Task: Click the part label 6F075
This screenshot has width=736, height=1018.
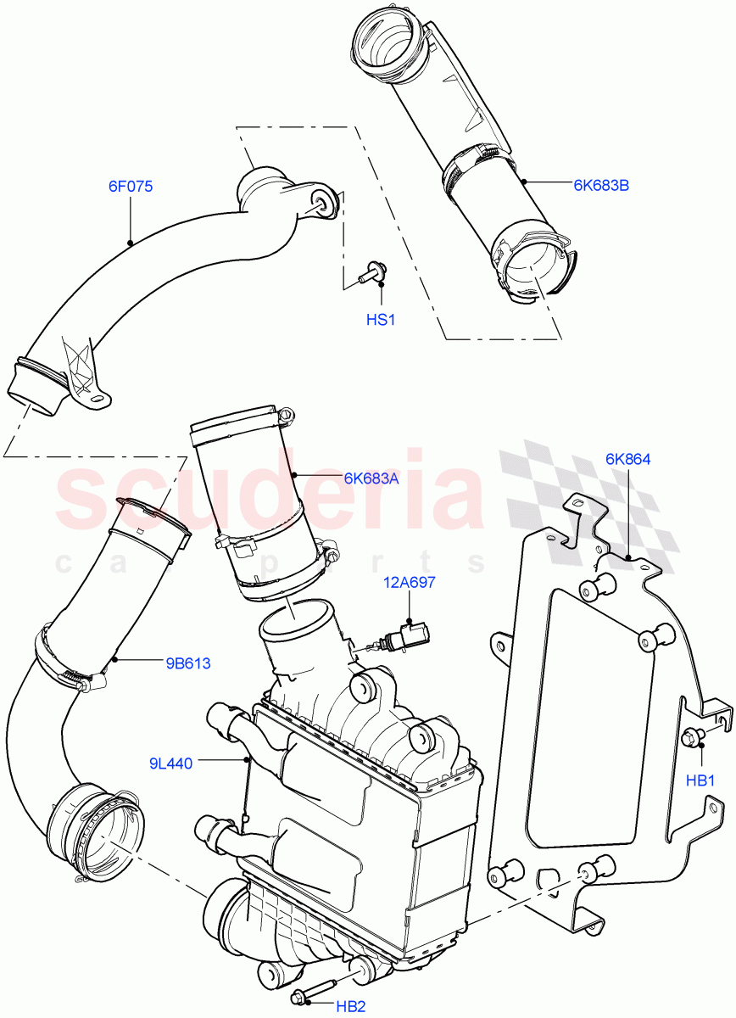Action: [x=130, y=187]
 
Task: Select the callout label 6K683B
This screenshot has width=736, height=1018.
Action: [x=600, y=183]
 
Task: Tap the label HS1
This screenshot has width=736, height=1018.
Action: [x=381, y=320]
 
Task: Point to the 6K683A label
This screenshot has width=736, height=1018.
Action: [x=371, y=478]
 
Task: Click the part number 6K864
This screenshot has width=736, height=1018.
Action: [x=627, y=459]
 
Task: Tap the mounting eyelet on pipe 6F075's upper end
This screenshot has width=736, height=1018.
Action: [x=323, y=200]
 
